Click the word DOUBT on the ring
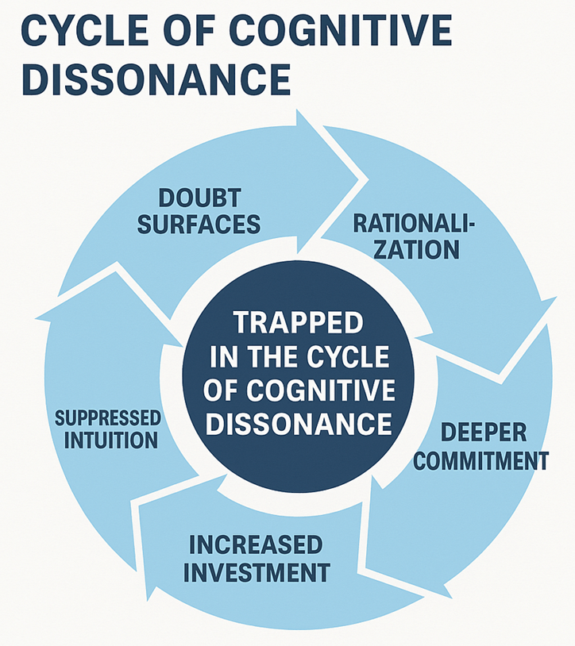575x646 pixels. [x=199, y=198]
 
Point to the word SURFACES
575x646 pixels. [x=199, y=225]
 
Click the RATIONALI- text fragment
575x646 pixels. [x=413, y=223]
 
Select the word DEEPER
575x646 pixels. [x=484, y=433]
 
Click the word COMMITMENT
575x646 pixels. [x=481, y=460]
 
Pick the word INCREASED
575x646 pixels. [x=255, y=544]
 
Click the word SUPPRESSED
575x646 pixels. [x=108, y=417]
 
